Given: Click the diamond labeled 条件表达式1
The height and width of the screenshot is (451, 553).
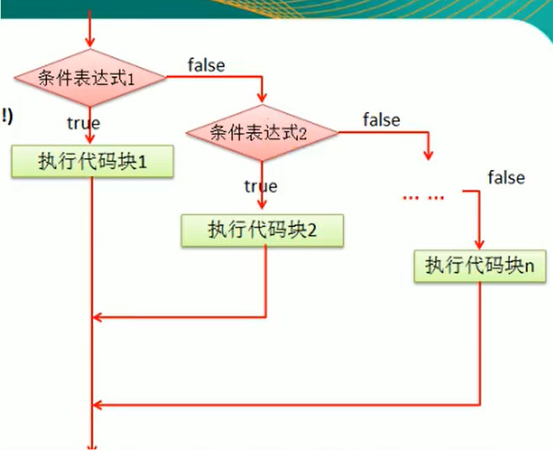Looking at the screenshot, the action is (88, 78).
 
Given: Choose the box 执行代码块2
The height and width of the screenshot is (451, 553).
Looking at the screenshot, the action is (262, 229).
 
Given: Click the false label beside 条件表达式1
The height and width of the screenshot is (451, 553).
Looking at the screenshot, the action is (206, 65).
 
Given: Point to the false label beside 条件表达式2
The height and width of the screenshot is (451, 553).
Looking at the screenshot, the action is (381, 119).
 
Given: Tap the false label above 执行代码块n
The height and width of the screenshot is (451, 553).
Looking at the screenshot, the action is (506, 178).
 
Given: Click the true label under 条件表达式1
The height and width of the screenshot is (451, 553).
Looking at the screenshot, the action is (84, 123).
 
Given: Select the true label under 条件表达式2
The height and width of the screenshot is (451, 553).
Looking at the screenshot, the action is (260, 186).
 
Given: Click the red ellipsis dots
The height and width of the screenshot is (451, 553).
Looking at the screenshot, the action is (423, 197).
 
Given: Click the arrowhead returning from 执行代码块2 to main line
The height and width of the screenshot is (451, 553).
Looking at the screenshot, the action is (97, 317).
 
